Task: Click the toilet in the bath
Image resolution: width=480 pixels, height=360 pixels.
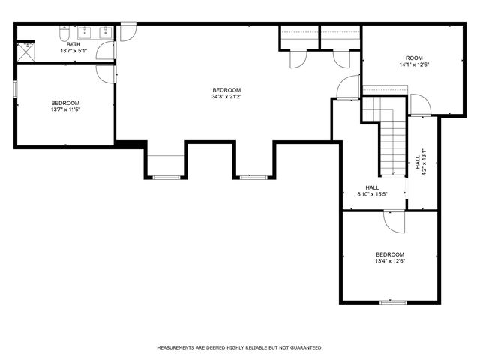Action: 64,34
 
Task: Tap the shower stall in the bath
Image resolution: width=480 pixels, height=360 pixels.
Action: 26,52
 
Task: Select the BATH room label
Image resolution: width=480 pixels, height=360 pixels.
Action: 73,45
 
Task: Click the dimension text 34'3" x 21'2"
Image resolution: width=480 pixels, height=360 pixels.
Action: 226,97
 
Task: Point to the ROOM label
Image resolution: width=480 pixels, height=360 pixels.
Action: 414,58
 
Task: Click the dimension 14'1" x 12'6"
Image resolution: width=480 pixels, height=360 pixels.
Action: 414,64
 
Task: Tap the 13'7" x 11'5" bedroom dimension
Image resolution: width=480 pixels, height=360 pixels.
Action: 65,109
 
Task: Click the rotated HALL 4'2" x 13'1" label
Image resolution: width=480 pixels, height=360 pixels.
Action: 421,162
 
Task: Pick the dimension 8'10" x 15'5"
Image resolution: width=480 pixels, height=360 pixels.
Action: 372,194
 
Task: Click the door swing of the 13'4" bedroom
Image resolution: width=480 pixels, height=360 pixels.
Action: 394,222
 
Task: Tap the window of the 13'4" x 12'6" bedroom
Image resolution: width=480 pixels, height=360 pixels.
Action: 393,302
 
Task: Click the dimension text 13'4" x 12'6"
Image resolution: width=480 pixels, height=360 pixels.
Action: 390,261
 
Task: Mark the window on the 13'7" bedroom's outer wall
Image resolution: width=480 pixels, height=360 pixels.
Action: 15,89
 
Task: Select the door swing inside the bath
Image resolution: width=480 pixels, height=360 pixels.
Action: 106,50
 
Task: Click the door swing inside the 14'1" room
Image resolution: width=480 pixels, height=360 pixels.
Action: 421,105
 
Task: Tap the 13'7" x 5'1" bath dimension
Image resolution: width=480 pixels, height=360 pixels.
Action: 73,51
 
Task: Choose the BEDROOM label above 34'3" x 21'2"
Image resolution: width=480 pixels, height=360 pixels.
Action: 226,90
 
